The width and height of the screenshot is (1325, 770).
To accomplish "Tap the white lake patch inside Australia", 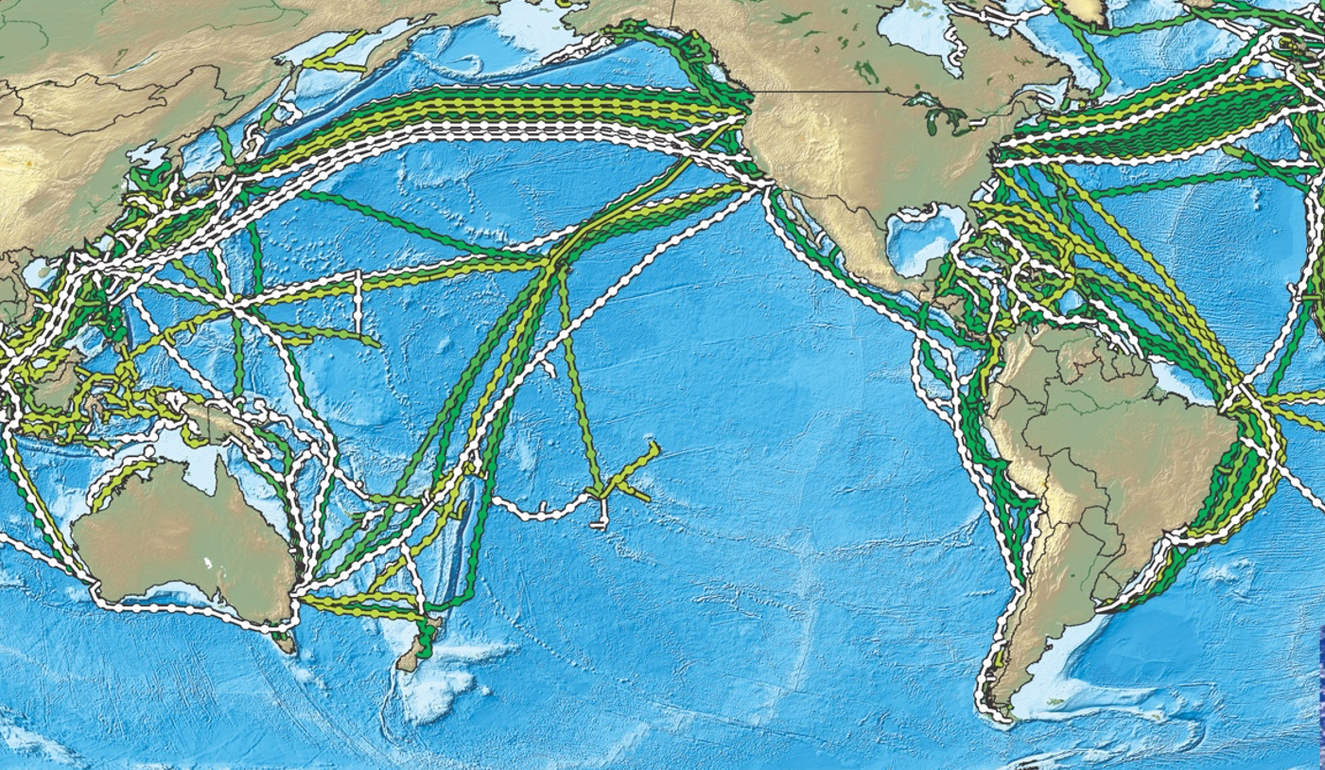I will click(x=208, y=564).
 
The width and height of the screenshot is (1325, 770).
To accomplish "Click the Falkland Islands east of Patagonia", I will click(x=1060, y=701).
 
